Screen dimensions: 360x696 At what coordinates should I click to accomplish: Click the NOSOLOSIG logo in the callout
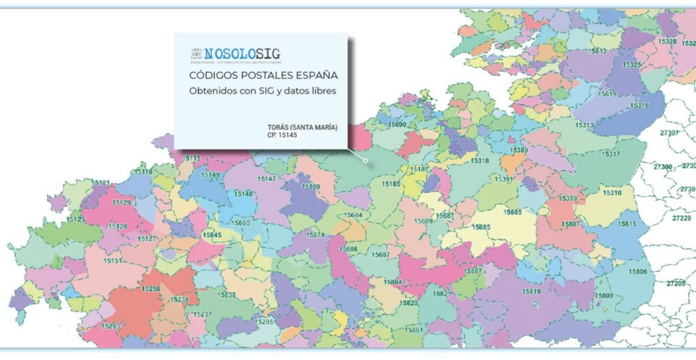tap(234, 55)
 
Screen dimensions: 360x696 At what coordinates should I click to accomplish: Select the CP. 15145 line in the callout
tap(283, 135)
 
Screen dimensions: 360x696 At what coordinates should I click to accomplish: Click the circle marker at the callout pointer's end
tap(366, 161)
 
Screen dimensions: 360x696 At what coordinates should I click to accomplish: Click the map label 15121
tap(101, 183)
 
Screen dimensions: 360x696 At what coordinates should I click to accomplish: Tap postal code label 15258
tap(151, 289)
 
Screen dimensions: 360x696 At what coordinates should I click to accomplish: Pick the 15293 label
tap(111, 327)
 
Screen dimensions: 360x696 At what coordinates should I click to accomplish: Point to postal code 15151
tap(113, 261)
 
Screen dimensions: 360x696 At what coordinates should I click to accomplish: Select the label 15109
tap(311, 186)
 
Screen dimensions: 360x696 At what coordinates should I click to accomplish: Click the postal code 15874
tap(315, 235)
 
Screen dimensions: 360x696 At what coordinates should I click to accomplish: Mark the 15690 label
tap(397, 125)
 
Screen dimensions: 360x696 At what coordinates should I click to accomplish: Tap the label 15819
tap(532, 292)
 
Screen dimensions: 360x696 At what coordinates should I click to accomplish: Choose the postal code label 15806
tap(638, 272)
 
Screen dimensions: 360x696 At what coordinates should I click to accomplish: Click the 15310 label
tap(612, 193)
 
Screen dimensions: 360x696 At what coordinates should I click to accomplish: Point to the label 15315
tap(639, 105)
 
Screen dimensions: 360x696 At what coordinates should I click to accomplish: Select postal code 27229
tap(681, 218)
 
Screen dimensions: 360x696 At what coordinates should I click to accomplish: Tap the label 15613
tap(599, 51)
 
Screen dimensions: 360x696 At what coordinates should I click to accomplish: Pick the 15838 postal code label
tap(227, 295)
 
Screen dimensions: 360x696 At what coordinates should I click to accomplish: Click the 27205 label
tap(676, 283)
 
